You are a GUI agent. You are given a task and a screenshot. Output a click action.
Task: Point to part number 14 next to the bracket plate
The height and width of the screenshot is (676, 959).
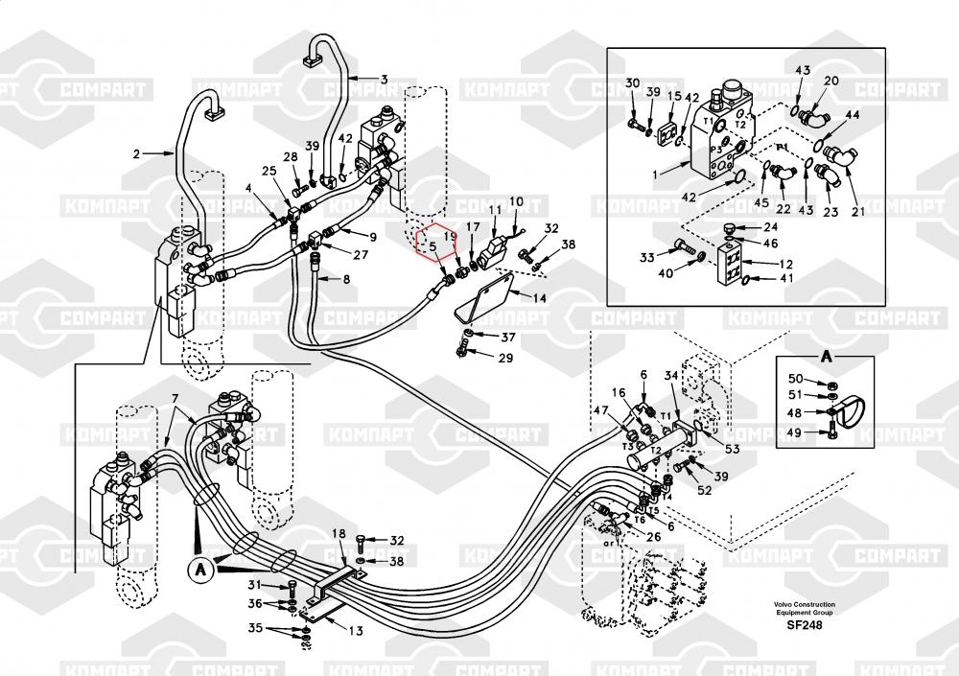540,298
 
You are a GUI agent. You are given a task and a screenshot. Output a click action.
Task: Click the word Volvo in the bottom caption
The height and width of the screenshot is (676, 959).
786,605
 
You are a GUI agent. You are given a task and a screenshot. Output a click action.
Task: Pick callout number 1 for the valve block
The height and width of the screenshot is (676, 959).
655,175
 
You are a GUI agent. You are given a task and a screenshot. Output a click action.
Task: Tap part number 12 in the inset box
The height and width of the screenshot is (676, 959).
784,264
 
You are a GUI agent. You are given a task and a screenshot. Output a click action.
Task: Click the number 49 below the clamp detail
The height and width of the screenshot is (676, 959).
796,432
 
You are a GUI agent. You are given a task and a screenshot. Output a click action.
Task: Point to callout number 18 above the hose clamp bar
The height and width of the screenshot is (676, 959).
338,533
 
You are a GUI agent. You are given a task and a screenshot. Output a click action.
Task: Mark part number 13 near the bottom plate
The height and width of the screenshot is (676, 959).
355,631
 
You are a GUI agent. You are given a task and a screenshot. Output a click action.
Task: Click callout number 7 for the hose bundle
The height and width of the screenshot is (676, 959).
175,398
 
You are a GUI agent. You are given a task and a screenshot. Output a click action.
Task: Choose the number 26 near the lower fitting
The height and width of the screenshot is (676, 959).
653,536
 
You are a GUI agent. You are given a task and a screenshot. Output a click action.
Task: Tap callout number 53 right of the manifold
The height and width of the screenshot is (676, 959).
732,449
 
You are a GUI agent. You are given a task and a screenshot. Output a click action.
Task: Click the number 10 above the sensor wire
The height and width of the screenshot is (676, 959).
516,201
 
